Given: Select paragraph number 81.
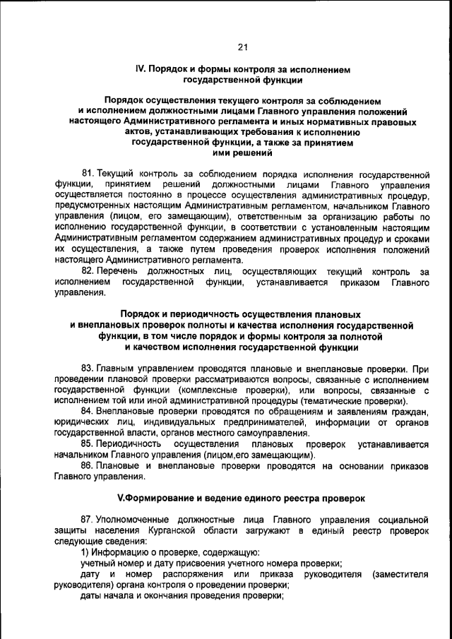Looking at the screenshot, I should click(x=88, y=173).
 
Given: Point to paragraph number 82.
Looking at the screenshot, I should click(x=88, y=272).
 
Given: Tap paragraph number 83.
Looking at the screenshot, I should click(x=88, y=369).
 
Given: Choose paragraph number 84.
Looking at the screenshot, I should click(x=88, y=412).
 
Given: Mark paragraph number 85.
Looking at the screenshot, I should click(x=88, y=443).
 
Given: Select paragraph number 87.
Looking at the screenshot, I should click(x=88, y=519).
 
